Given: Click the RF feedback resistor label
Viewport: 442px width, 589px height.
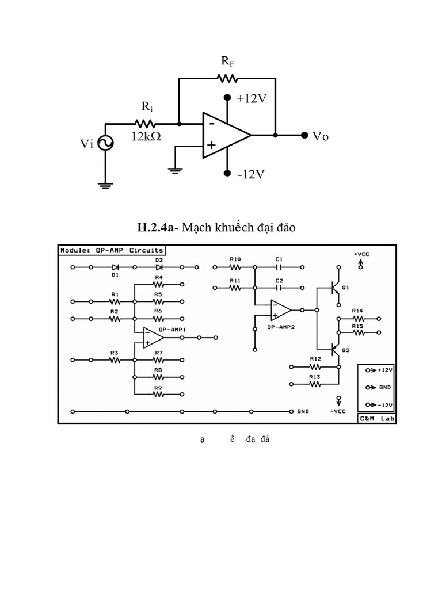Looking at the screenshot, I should point(228,62).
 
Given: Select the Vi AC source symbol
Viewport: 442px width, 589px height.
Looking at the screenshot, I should point(105,143).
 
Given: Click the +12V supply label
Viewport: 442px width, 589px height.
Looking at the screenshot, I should point(252,98).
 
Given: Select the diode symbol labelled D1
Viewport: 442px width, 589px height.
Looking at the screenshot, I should point(116,267).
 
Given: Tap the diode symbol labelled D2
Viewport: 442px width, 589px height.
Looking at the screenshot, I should point(159,267).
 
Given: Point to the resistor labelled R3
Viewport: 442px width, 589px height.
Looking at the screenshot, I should point(115,359).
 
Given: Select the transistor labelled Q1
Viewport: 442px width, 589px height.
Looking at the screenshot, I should point(336,287).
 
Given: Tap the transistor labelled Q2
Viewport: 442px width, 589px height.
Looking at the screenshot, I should point(336,349).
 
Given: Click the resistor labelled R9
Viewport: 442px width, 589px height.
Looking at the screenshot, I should point(159,395).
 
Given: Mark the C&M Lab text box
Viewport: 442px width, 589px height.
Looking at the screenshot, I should point(376,419).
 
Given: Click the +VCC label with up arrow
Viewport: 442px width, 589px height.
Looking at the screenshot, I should point(361,259).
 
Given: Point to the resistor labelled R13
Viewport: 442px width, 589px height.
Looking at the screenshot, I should point(315,383).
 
